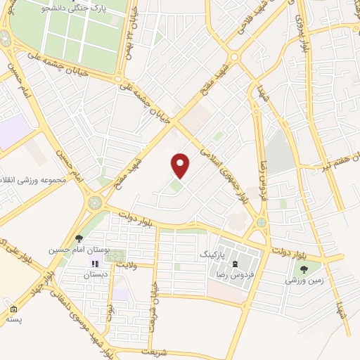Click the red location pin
(x=181, y=165)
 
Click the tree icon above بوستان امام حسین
(x=79, y=239)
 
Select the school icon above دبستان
(x=95, y=264)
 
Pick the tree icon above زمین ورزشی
(x=304, y=269)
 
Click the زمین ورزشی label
(x=304, y=279)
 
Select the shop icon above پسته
(x=13, y=309)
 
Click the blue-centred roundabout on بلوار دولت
(x=262, y=222)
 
